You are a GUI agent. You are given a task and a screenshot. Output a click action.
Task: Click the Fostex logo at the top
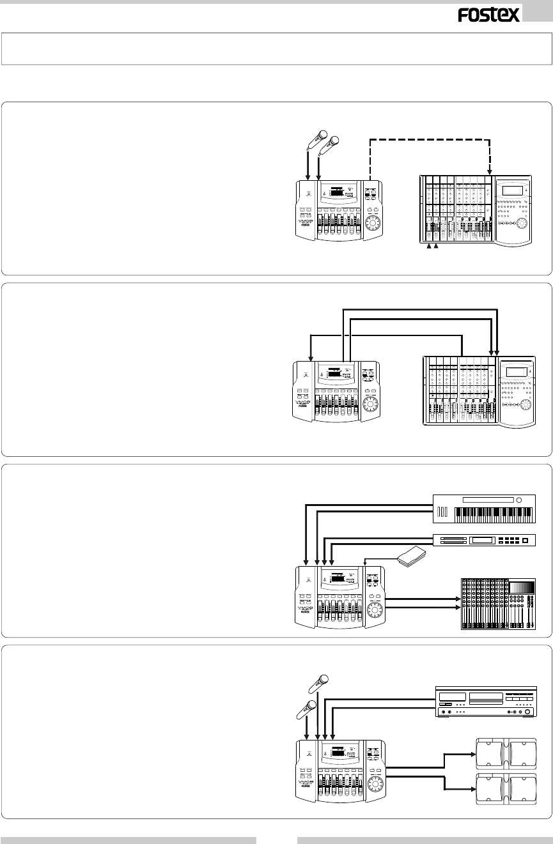tap(488, 15)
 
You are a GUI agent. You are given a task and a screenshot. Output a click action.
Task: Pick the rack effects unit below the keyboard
tap(484, 541)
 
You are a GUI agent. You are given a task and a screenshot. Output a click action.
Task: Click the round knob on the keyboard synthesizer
tap(519, 500)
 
